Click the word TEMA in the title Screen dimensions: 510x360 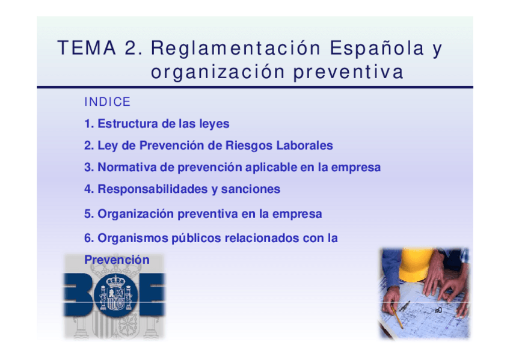pyautogui.click(x=87, y=47)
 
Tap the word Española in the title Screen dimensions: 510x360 pyautogui.click(x=377, y=47)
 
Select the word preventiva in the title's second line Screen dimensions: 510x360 pyautogui.click(x=348, y=72)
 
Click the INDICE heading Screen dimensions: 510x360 pyautogui.click(x=107, y=102)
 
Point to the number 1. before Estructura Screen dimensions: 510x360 pyautogui.click(x=89, y=124)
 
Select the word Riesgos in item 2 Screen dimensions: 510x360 pyautogui.click(x=249, y=145)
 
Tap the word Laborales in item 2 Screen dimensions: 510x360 pyautogui.click(x=304, y=145)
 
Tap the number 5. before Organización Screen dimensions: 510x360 pyautogui.click(x=89, y=214)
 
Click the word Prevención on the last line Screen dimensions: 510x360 pyautogui.click(x=117, y=260)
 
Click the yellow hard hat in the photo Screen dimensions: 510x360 pyautogui.click(x=416, y=264)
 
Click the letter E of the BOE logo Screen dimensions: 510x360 pyautogui.click(x=152, y=294)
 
